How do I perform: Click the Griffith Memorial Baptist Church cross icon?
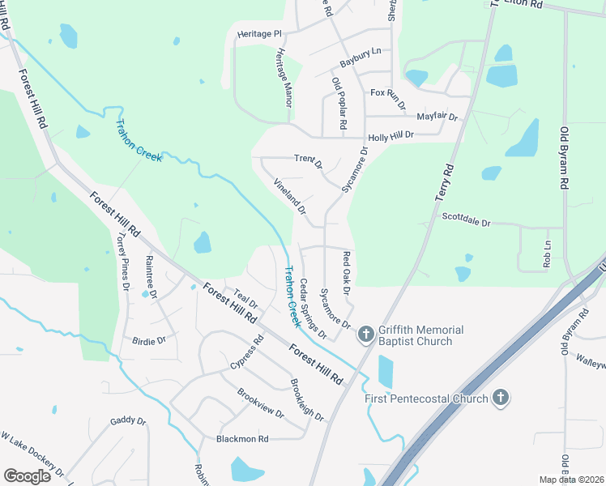tap(365, 334)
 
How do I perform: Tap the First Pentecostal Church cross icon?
tap(501, 398)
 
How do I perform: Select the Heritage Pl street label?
tap(259, 34)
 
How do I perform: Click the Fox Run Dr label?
tap(387, 94)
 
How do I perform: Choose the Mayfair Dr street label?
tap(437, 117)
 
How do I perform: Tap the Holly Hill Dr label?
tap(390, 138)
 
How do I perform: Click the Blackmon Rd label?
tap(241, 438)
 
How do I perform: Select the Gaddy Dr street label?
tap(128, 421)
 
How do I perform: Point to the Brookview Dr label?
tap(260, 403)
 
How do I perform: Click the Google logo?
tap(27, 476)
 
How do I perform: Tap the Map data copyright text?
tap(570, 480)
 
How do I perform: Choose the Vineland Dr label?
tap(290, 197)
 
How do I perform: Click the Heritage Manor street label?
tap(284, 77)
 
